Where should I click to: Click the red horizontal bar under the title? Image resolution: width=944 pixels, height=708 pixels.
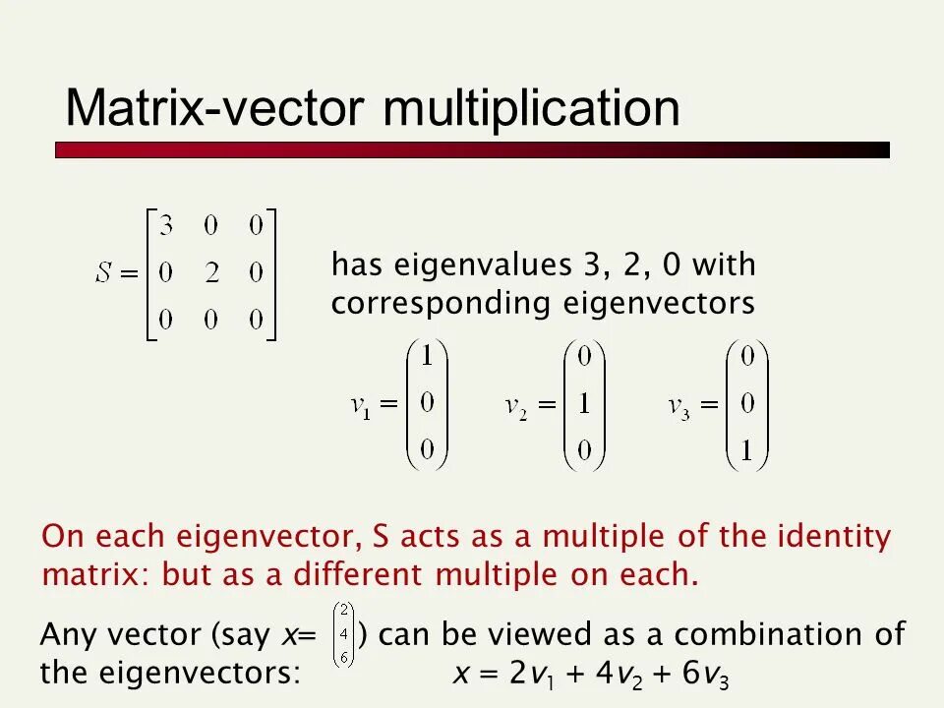point(472,150)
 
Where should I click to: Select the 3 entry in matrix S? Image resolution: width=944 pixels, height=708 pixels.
point(166,227)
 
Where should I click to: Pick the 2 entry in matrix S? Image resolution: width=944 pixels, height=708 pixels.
point(210,274)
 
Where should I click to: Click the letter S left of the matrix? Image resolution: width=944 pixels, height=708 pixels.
point(105,274)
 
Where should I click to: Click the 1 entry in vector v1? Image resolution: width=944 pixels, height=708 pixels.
point(427,359)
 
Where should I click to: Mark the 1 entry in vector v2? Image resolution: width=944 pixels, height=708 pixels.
point(584,405)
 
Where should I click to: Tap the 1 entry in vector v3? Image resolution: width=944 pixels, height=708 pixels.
point(747,451)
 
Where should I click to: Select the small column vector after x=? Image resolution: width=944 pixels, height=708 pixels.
point(344,635)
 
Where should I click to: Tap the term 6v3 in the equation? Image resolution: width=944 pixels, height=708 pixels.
point(705,675)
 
